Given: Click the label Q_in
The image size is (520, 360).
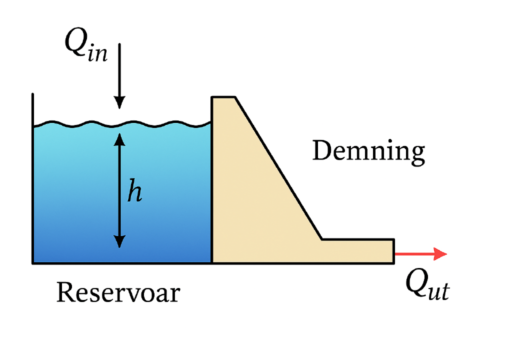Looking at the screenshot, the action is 86,45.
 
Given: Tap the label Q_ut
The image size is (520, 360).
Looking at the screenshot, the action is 427,285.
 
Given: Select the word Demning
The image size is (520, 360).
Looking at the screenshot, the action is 368,151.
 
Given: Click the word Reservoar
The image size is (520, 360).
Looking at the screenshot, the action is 118,292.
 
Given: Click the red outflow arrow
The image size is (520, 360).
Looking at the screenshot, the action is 421,254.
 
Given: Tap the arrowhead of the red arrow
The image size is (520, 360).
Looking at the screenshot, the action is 440,254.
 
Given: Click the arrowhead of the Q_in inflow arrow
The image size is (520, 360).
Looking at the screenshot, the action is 119,102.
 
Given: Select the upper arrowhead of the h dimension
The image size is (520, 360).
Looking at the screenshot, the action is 119,139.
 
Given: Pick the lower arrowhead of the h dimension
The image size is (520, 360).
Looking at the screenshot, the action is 119,241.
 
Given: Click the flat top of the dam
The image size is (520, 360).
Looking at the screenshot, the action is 223,97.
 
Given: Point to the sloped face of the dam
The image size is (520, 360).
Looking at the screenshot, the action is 278,167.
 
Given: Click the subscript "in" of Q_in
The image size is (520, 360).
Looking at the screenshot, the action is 98,53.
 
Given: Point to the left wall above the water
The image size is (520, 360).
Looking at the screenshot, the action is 32,110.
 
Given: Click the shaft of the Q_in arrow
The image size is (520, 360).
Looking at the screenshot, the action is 119,69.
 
